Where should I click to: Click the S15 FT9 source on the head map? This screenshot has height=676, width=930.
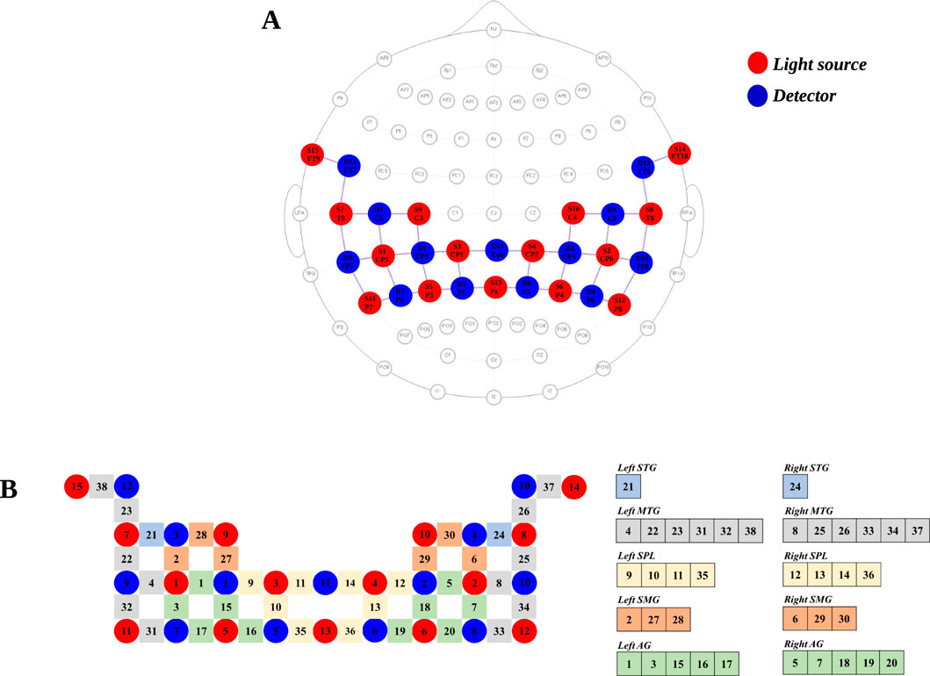click(313, 155)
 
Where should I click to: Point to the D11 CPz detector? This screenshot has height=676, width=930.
click(497, 250)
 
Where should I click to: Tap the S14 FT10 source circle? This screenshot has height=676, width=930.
click(680, 153)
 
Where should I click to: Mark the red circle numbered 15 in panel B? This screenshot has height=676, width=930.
click(76, 485)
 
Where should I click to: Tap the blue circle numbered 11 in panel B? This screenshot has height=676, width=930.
click(327, 582)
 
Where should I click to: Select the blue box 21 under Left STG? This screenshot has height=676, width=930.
click(627, 489)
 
